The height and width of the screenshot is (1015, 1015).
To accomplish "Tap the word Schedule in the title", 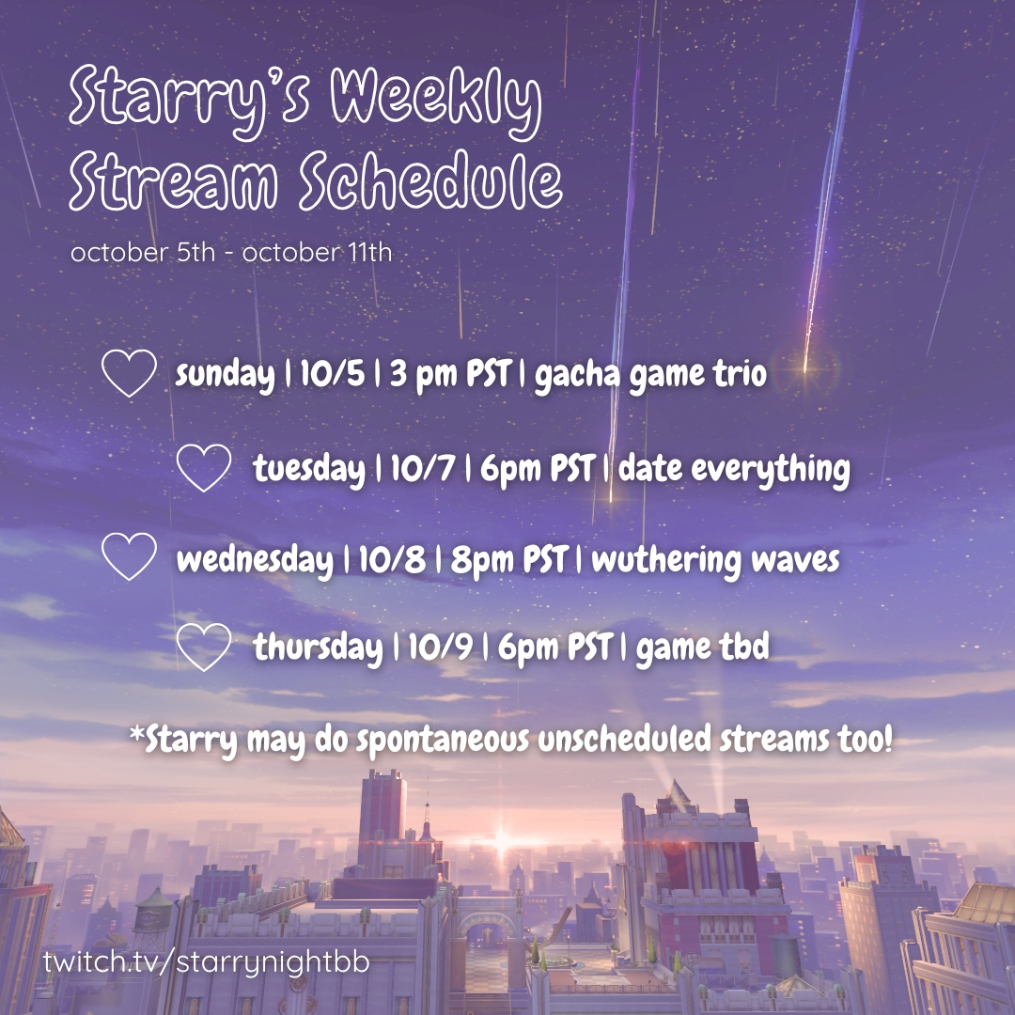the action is point(430,181).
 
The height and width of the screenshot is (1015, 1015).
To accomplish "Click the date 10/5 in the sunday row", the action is point(332,373).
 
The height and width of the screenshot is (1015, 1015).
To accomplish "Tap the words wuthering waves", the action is point(715,560).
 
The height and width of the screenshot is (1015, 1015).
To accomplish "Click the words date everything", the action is point(734,468).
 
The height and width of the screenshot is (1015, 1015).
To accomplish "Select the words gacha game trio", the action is point(650,375).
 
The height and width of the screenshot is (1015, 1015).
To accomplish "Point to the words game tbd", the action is point(702,648).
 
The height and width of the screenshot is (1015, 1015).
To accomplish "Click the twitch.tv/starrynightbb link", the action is point(207,962).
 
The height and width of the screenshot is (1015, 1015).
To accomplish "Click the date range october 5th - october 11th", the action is point(231,252).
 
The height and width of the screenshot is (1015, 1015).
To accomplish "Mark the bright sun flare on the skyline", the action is point(502,842).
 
